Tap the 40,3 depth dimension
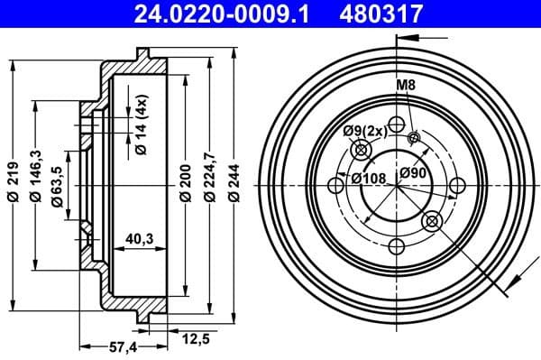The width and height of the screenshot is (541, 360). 138,238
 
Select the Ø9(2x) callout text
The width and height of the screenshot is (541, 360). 363,132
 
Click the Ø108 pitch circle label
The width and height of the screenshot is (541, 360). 369,177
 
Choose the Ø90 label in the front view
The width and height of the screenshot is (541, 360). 414,171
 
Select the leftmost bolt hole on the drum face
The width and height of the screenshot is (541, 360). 335,186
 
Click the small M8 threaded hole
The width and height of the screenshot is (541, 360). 414,137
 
